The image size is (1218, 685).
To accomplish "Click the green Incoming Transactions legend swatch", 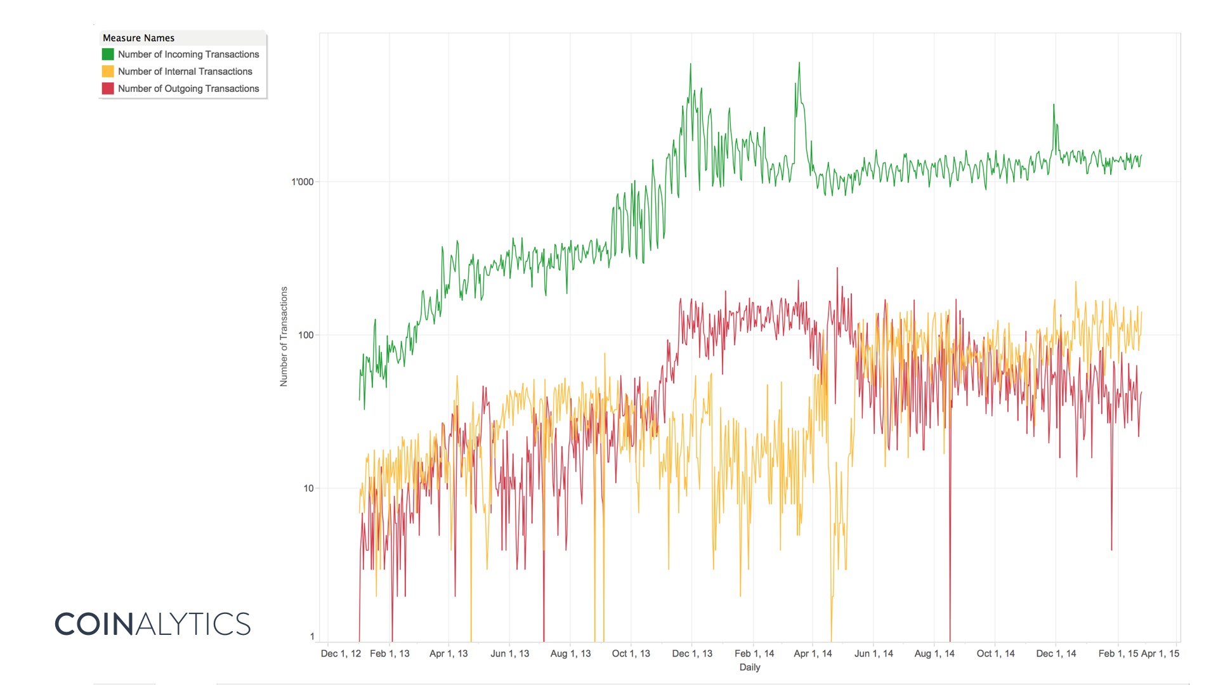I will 108,55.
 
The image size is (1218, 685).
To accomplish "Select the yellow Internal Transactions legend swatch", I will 108,72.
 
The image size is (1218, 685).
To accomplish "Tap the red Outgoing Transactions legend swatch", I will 108,89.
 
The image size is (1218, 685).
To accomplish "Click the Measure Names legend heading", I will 138,38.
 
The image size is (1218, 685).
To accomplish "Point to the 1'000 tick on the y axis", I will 303,182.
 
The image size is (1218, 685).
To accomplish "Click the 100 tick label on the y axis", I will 306,335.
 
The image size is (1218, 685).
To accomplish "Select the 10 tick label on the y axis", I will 308,488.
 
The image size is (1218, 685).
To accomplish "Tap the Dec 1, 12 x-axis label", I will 341,653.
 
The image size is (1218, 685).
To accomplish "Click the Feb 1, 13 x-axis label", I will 390,653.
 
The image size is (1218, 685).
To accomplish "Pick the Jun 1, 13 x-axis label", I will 509,653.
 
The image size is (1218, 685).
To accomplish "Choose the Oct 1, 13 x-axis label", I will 631,653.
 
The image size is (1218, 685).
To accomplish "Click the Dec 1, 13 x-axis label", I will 692,653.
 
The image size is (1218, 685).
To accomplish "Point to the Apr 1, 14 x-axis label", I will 813,653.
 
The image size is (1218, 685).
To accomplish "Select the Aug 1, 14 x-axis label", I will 934,653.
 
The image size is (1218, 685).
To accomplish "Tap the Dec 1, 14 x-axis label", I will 1056,653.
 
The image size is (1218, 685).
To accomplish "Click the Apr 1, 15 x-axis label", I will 1160,653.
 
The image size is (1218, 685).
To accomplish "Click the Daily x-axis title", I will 749,667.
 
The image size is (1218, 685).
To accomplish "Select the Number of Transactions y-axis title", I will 284,336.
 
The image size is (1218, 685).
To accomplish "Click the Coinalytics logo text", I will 153,624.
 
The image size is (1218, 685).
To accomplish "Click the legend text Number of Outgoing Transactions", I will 188,89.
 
